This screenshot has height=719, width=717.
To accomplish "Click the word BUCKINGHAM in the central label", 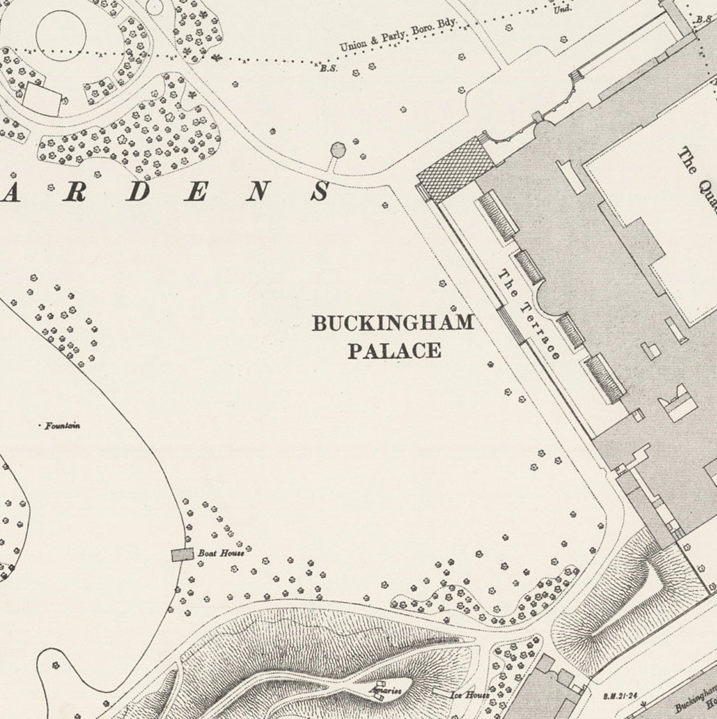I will pos(393,323).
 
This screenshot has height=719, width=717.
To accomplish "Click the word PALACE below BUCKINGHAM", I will pos(394,351).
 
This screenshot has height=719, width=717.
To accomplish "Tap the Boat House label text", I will pos(221,553).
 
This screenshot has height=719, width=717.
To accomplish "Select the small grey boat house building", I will pos(182,555).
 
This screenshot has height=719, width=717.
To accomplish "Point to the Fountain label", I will pos(62,425).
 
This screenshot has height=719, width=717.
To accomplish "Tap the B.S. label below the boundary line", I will pos(329,69).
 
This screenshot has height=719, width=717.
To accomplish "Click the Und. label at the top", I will pos(563,9).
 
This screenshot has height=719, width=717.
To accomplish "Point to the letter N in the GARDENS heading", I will pos(257,191).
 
